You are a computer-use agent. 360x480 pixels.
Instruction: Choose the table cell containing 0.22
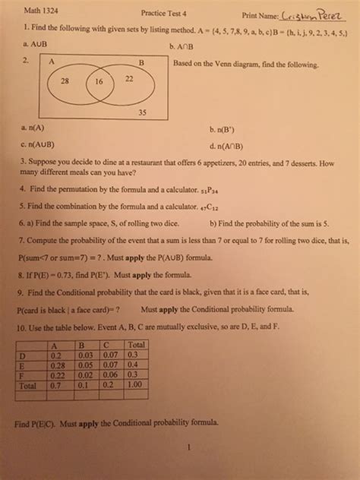coord(56,374)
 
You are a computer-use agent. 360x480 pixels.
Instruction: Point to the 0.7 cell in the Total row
coord(55,384)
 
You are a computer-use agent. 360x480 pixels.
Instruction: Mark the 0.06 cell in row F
coord(111,374)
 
